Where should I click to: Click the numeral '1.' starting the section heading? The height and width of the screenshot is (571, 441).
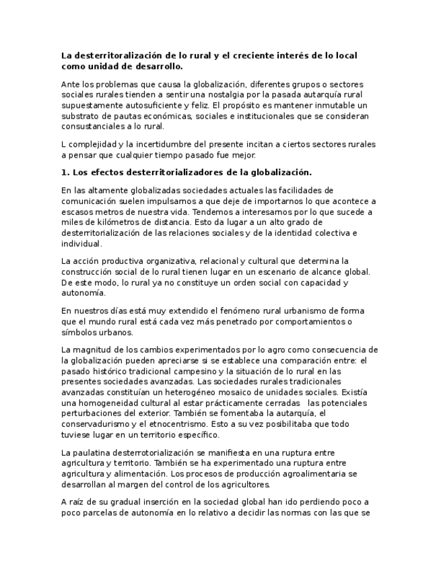[x=65, y=172]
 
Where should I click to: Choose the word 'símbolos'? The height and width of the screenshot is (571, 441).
[x=78, y=332]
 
